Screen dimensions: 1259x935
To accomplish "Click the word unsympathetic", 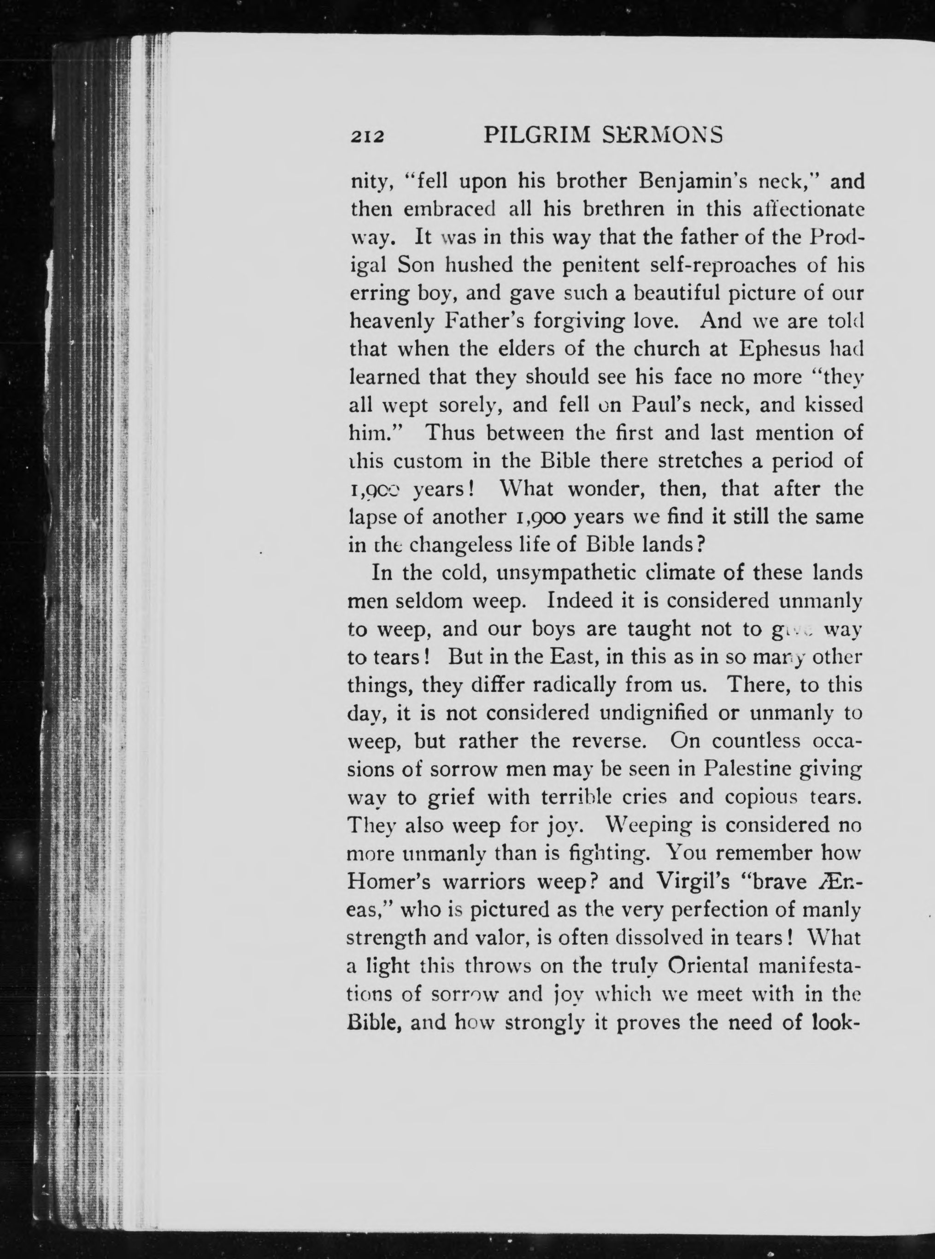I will coord(558,573).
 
